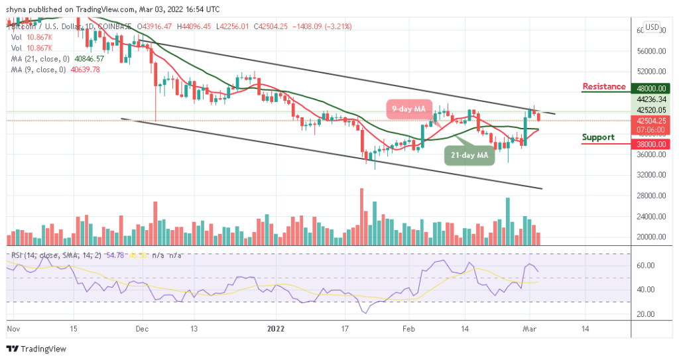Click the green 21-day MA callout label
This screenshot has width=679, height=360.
point(469,155)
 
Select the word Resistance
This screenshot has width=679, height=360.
point(603,87)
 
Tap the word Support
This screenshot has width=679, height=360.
point(598,137)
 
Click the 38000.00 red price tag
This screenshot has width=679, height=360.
point(650,144)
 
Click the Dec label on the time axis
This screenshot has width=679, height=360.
point(141,328)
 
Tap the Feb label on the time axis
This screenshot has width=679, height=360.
point(409,328)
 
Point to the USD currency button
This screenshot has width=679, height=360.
point(652,27)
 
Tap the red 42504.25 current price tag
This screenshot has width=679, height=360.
point(650,120)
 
